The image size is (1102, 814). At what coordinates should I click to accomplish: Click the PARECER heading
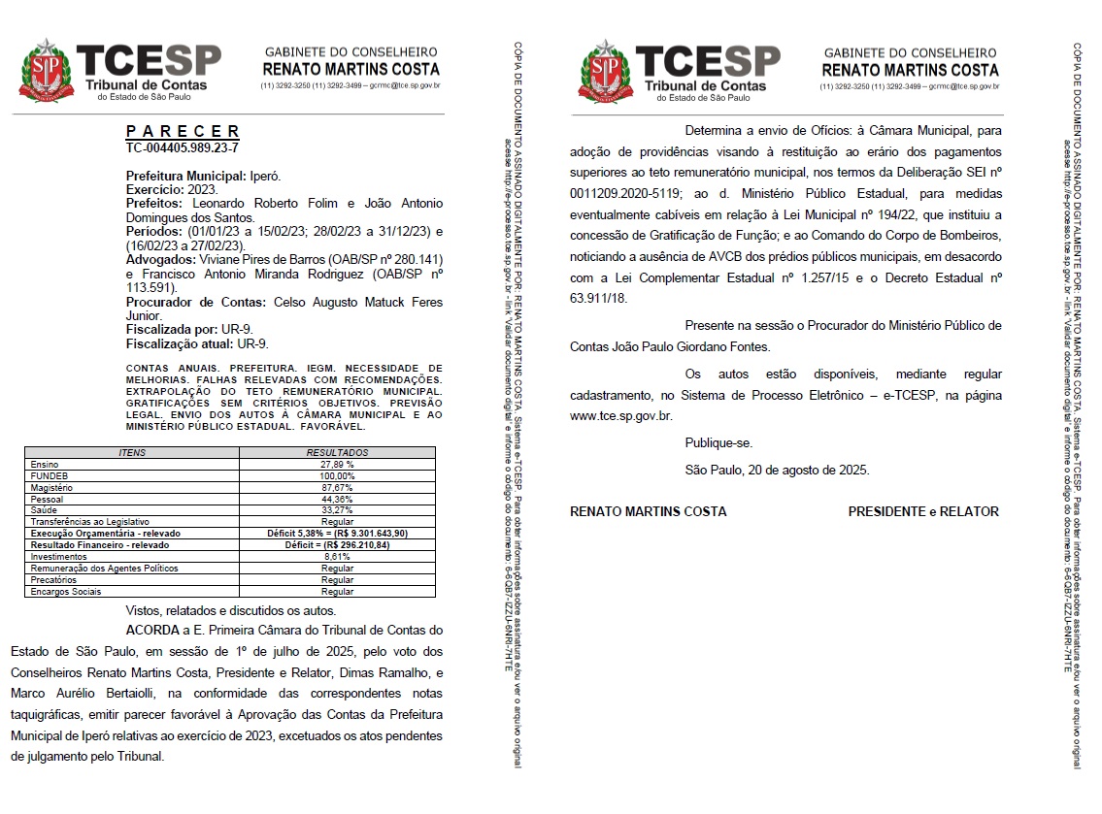pos(183,131)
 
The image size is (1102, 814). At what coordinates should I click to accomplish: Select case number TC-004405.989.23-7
pos(183,147)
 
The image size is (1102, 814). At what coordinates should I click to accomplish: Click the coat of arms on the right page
pos(604,70)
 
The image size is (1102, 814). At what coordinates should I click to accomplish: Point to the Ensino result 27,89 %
pos(337,465)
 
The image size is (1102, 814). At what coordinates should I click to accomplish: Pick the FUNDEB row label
pos(48,476)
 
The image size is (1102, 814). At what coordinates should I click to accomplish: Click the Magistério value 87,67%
pos(337,487)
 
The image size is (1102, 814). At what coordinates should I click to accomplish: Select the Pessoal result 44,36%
pos(337,499)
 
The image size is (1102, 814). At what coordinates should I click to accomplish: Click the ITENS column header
pos(132,453)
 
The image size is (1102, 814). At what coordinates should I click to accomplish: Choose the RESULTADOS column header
pos(337,453)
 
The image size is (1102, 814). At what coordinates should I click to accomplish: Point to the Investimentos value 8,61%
pos(337,557)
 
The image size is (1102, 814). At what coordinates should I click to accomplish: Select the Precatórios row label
pos(53,579)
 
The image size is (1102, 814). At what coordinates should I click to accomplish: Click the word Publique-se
pos(718,443)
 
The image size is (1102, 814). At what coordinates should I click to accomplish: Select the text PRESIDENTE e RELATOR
pos(922,511)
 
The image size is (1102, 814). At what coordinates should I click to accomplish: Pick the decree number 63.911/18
pos(598,298)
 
